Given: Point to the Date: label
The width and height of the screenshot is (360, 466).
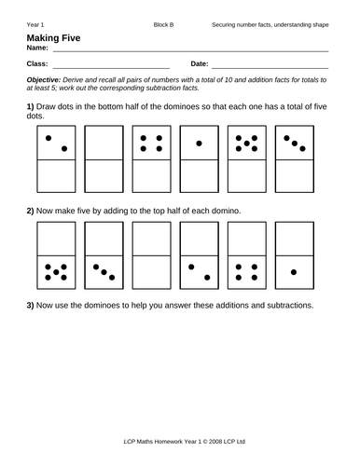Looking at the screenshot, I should click(x=200, y=65).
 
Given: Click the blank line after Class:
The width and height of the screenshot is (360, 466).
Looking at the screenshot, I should click(x=111, y=68).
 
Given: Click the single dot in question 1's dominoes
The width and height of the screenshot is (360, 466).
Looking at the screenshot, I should click(x=199, y=144).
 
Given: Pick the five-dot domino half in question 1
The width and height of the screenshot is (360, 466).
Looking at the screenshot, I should click(x=247, y=144).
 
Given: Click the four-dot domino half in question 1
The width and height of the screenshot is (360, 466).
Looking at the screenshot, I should click(x=149, y=144).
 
